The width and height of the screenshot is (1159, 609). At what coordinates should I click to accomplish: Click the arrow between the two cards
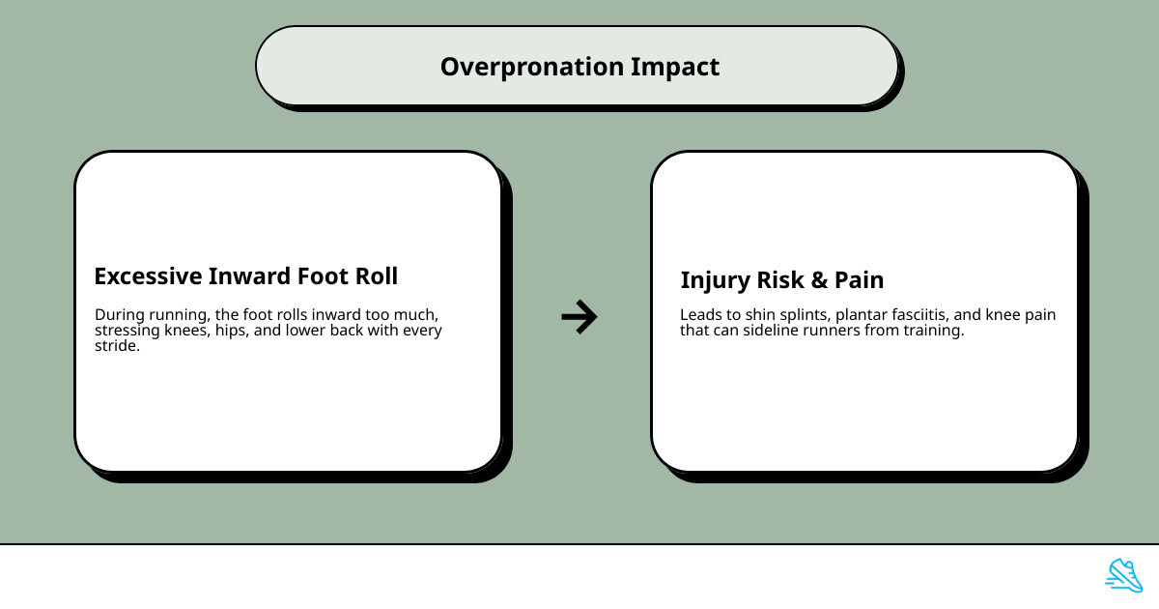579,316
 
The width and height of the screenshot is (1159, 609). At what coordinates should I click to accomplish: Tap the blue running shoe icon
1123,574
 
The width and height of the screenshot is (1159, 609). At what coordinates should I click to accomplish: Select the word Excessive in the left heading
146,275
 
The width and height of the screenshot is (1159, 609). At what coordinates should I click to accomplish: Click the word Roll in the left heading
374,275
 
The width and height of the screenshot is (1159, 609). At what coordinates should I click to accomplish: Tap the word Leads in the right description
700,315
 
